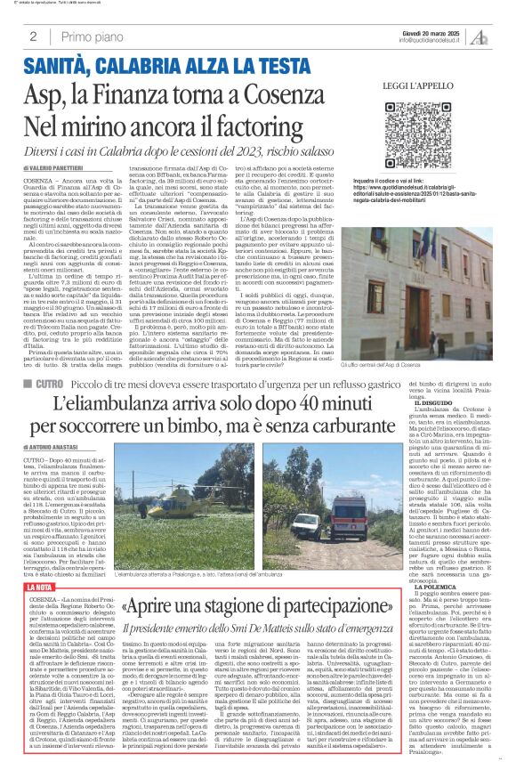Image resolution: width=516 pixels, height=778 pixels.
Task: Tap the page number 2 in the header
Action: tap(32, 37)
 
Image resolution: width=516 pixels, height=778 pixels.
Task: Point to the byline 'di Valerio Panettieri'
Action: tap(52, 166)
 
